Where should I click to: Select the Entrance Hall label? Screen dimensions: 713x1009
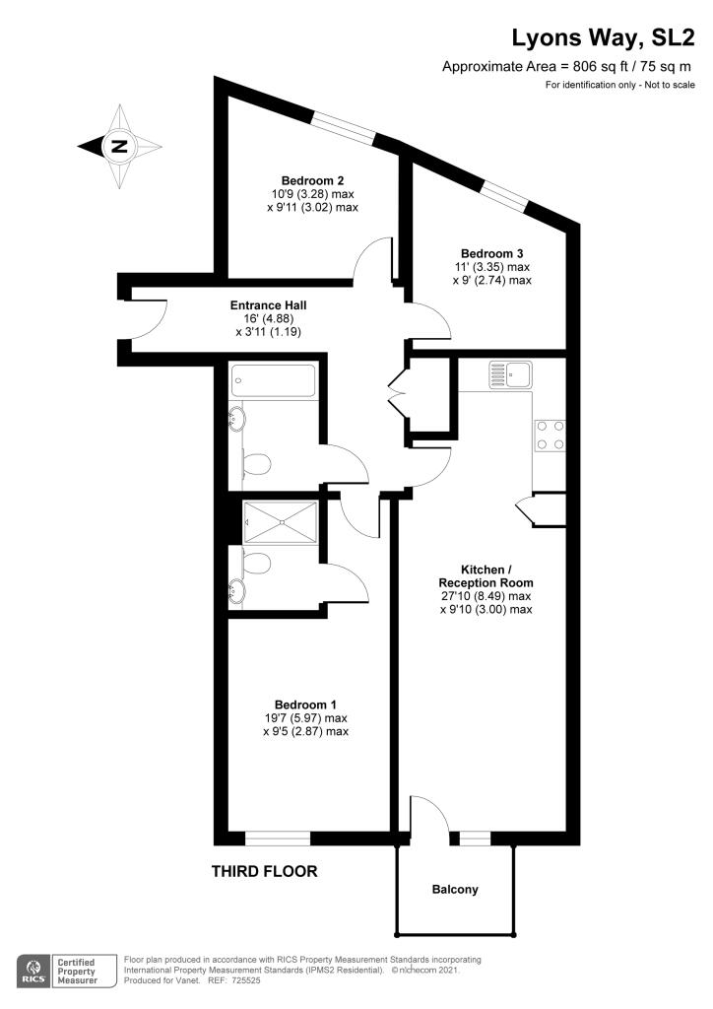[x=268, y=305]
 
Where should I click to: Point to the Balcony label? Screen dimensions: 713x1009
[x=455, y=890]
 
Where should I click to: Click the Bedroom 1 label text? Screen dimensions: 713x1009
[x=305, y=705]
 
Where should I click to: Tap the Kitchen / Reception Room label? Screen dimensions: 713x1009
[x=486, y=576]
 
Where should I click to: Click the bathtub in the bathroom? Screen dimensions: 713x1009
[x=273, y=381]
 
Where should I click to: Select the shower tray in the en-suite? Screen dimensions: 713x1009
[x=281, y=522]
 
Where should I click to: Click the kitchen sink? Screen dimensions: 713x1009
[x=510, y=374]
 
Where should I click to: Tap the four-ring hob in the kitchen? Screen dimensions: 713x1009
[x=550, y=435]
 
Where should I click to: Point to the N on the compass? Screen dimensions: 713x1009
[x=119, y=146]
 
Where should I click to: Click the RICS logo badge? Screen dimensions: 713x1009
[x=34, y=972]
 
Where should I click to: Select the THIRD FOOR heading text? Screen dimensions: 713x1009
[x=264, y=872]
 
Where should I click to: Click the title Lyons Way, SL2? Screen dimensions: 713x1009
[x=603, y=38]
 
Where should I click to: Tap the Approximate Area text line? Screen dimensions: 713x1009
[x=566, y=66]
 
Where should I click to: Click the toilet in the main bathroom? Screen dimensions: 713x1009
[x=256, y=464]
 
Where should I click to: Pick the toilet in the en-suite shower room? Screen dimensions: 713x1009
[x=256, y=563]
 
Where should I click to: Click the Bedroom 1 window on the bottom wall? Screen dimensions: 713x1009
[x=278, y=839]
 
